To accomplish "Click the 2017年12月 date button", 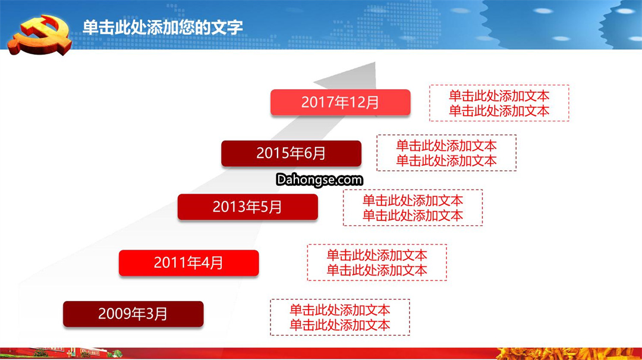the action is [x=340, y=102].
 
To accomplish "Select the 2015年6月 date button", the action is [x=291, y=153].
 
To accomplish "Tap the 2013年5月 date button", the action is [x=248, y=207].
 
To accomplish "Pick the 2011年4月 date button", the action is [x=189, y=263].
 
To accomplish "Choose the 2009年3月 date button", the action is [x=133, y=314].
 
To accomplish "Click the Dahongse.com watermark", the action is [x=319, y=179].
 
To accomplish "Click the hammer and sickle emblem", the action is [x=40, y=35].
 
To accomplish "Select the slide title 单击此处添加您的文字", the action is [x=162, y=27].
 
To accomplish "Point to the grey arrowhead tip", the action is [x=374, y=62].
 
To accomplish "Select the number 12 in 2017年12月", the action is [x=356, y=102].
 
